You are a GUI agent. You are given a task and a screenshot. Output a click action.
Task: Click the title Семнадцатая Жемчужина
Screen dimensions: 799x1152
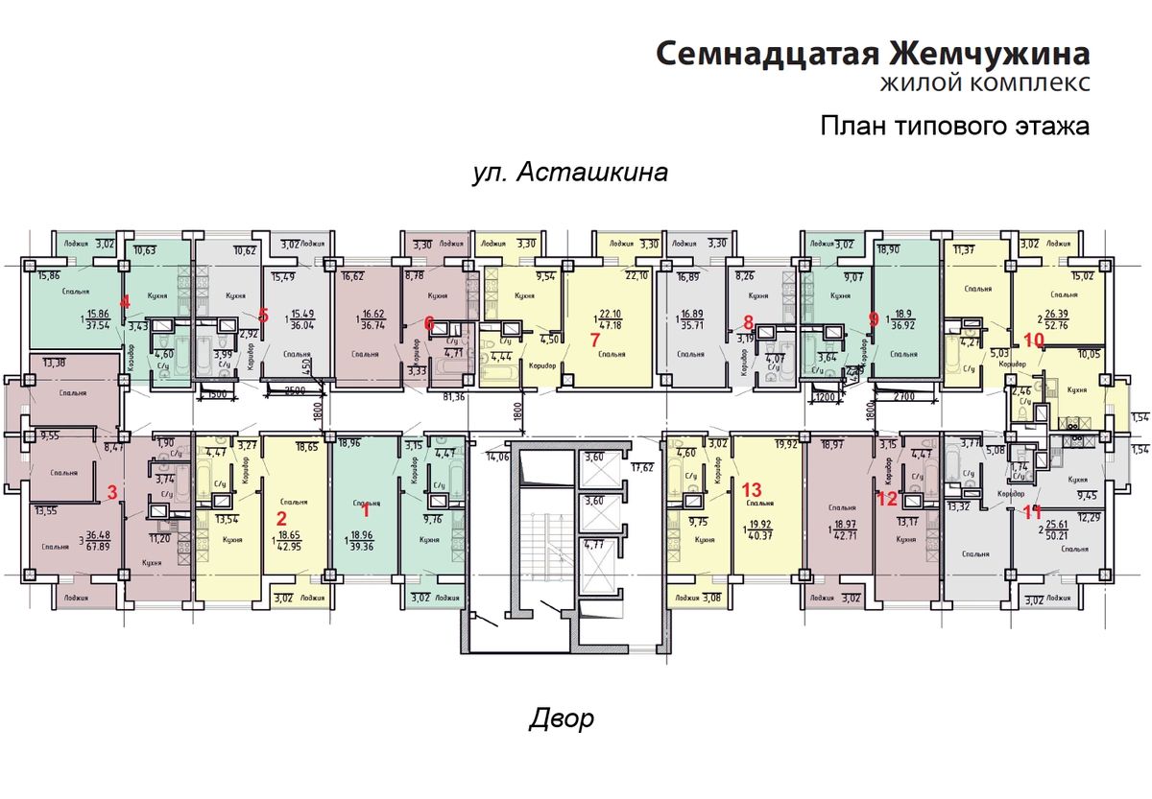click(873, 53)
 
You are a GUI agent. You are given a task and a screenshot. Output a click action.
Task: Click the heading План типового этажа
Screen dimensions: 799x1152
click(955, 126)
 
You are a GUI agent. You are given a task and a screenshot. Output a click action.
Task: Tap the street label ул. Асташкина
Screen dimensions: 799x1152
click(570, 173)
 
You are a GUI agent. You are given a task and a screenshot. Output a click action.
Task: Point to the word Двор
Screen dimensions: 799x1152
click(562, 718)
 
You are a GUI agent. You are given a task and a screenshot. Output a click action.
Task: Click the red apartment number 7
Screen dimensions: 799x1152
click(594, 340)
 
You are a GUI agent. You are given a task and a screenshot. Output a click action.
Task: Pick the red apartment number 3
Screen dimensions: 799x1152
click(112, 493)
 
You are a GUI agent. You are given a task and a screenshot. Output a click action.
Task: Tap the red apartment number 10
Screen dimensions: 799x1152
click(1033, 339)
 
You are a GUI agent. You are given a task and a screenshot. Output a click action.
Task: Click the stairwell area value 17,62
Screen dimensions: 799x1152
click(640, 468)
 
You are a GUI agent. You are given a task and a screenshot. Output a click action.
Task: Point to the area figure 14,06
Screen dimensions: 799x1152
click(500, 458)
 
